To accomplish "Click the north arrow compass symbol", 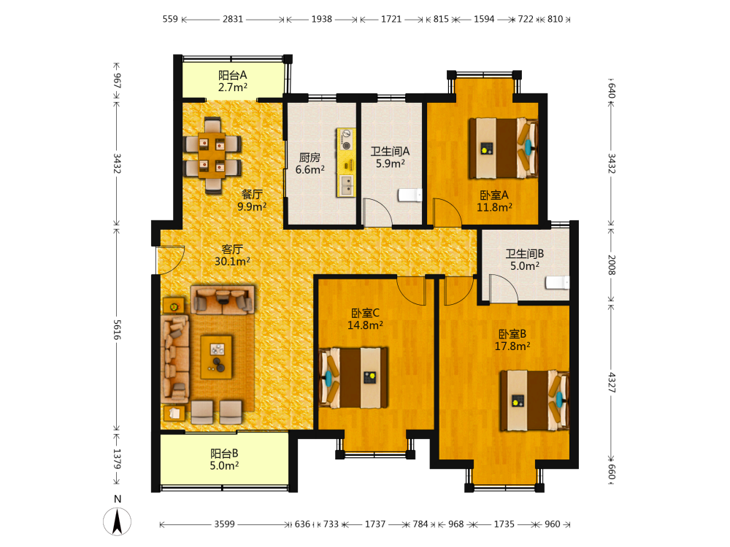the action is click(118, 521).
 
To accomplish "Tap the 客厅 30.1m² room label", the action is click(232, 255).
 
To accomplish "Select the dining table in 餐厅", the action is click(212, 155).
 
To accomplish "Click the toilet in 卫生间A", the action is click(410, 195).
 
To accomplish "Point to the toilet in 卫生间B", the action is click(557, 282).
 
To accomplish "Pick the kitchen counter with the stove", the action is click(346, 163).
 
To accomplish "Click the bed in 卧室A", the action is click(503, 148).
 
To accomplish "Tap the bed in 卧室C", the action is click(353, 378).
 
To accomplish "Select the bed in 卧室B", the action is click(534, 400).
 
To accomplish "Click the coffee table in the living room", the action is click(217, 357).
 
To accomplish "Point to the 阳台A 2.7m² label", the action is click(233, 81).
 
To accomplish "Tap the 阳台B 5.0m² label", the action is click(224, 459).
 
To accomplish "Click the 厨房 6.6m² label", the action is click(310, 163).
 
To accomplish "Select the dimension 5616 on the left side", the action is click(117, 330).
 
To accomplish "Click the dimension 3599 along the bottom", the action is click(224, 524).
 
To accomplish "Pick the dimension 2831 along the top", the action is click(233, 19).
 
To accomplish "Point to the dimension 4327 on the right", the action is click(612, 382).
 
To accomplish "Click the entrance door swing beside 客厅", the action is click(170, 259).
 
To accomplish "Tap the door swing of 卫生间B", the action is click(504, 288).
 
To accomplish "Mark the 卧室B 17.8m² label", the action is click(512, 340).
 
